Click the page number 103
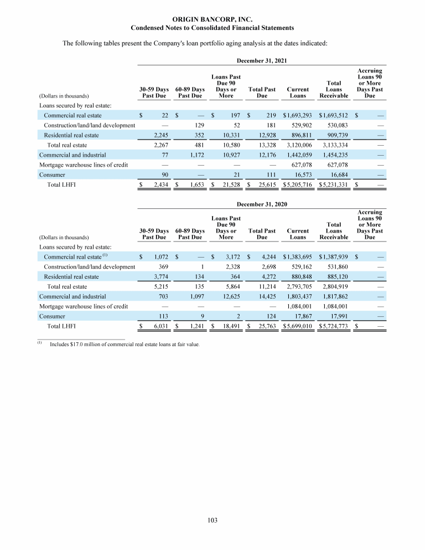pos(212,520)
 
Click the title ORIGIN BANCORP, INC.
pos(212,19)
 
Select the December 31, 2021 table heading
pos(261,59)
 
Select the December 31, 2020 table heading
pos(261,204)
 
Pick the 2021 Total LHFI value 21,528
pos(228,184)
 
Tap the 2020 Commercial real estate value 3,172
pos(230,256)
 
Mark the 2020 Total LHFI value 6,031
pos(158,327)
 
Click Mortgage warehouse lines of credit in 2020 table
pos(84,306)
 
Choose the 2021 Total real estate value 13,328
pos(264,145)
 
